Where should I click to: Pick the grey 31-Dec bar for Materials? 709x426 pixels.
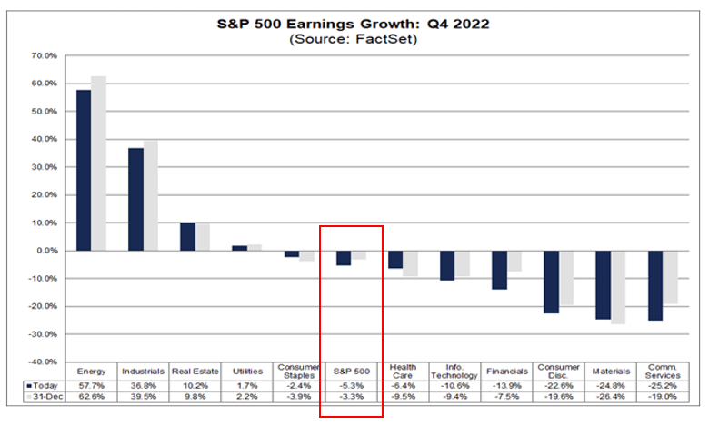618,287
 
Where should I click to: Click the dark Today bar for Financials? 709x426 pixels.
499,270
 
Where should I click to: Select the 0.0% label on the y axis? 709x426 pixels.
45,251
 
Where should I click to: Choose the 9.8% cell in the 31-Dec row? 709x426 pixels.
195,398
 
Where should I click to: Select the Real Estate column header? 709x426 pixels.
195,371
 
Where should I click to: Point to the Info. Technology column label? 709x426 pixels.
454,371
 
